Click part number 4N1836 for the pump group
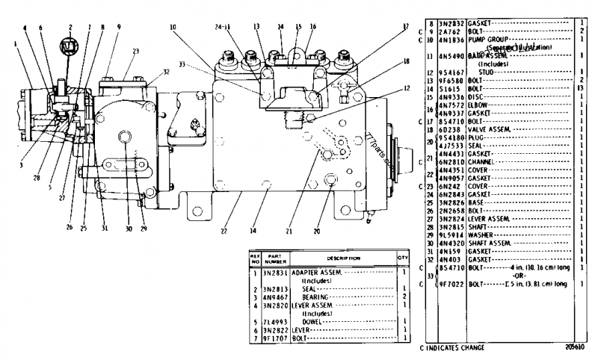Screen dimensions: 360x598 pyautogui.click(x=452, y=39)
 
